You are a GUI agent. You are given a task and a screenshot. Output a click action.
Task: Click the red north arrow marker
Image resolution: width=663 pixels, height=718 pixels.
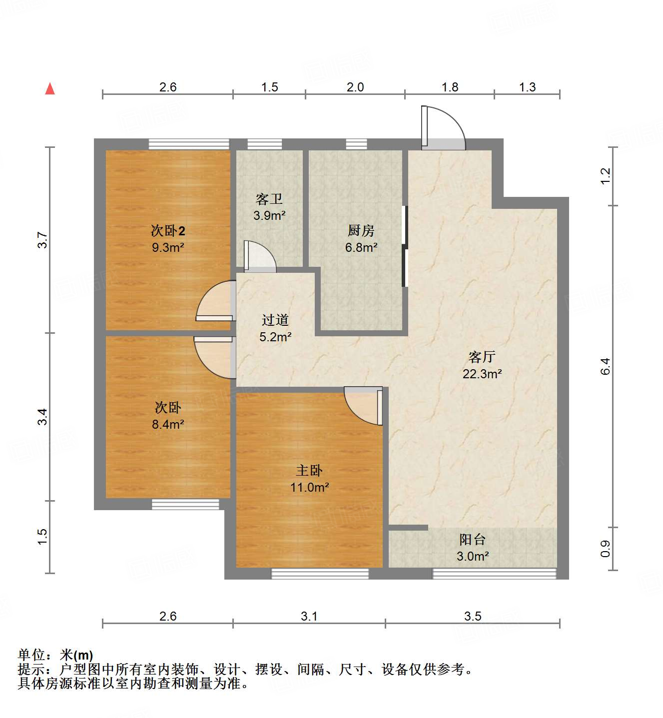point(50,89)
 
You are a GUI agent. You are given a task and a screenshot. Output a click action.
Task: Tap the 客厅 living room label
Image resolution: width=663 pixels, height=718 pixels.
point(482,357)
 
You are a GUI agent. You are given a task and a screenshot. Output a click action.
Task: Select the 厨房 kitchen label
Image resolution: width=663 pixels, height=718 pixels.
point(361,230)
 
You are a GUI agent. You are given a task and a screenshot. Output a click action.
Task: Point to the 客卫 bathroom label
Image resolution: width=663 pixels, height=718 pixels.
point(269,199)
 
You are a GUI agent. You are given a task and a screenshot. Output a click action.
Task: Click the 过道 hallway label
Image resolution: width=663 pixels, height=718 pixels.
point(275,320)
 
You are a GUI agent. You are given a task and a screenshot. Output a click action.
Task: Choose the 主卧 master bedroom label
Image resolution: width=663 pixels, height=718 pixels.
point(309,470)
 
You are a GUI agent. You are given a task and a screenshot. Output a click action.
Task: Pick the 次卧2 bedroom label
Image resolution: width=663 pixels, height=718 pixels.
point(168,231)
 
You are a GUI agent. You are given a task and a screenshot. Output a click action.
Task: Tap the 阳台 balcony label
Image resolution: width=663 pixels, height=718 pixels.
point(472,540)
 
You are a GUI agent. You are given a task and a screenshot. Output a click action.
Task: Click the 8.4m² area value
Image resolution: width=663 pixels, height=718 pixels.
point(168,424)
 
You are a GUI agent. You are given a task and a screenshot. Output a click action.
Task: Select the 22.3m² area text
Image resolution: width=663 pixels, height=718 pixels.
point(482,374)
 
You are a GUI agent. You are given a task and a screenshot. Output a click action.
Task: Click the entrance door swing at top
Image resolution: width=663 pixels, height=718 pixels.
point(442,128)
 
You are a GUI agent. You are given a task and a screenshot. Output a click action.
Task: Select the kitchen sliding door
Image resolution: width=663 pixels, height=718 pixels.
point(405,246)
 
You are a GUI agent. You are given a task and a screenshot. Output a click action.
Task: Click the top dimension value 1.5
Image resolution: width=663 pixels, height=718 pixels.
point(269,87)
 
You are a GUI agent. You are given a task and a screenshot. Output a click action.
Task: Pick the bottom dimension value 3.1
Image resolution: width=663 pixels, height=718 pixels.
point(309,616)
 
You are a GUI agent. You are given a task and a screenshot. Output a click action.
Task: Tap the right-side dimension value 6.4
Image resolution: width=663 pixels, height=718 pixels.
point(605,366)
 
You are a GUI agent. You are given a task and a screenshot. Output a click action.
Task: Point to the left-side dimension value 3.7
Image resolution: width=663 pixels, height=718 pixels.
point(42,240)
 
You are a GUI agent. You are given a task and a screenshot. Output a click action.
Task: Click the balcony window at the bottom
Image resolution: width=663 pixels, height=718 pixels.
point(494,574)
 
